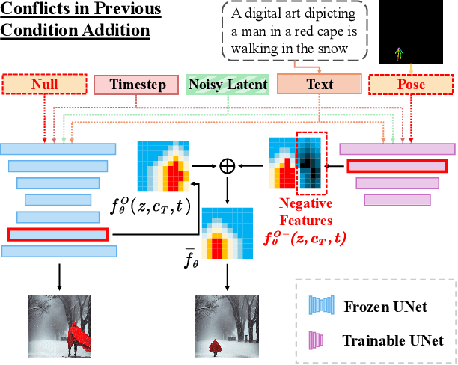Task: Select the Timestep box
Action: pyautogui.click(x=136, y=85)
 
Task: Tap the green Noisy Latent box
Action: pyautogui.click(x=228, y=85)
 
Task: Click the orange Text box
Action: pyautogui.click(x=320, y=85)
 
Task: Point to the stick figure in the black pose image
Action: pyautogui.click(x=400, y=53)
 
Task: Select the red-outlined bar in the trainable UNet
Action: pyautogui.click(x=396, y=167)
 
